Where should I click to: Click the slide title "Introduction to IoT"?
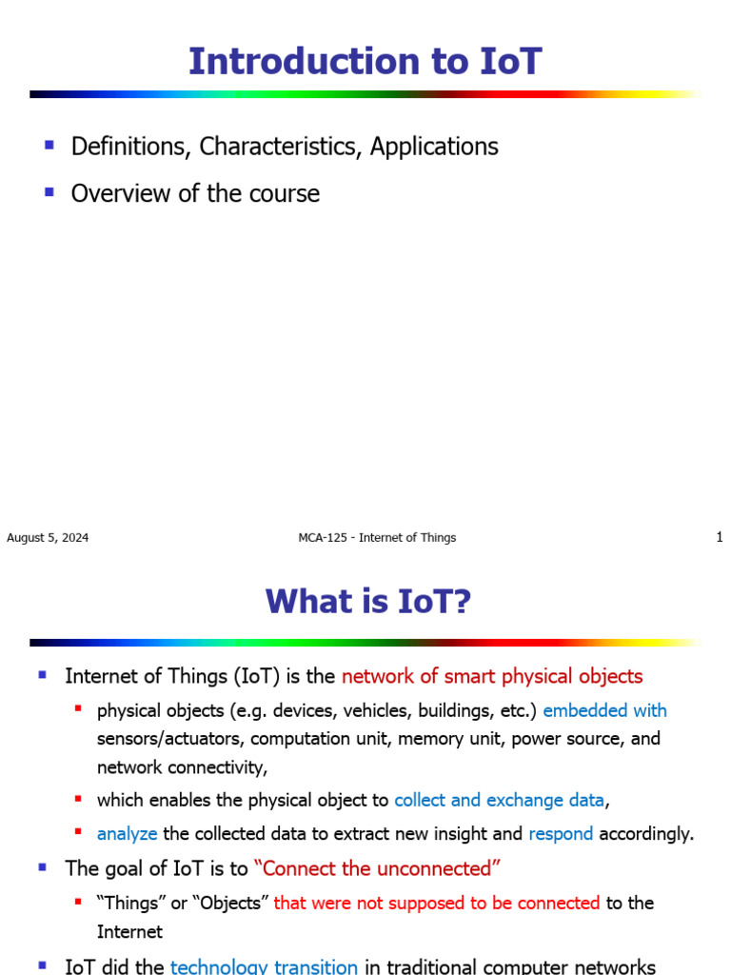(365, 61)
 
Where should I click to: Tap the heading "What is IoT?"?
(368, 602)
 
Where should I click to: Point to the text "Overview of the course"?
(195, 193)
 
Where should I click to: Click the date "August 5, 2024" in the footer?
(48, 538)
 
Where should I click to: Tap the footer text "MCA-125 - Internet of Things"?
(377, 538)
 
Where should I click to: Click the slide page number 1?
(720, 538)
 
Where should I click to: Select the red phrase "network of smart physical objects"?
(492, 677)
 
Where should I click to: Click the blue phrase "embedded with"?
(604, 710)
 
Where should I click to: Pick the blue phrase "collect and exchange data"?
(499, 801)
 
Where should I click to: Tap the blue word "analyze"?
(127, 834)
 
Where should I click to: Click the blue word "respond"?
(561, 834)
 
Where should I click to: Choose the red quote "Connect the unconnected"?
(377, 868)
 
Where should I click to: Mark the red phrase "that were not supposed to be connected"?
(436, 903)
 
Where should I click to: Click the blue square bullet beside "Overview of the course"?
(49, 192)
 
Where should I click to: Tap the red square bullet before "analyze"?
(78, 832)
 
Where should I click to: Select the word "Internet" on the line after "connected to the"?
(129, 931)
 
